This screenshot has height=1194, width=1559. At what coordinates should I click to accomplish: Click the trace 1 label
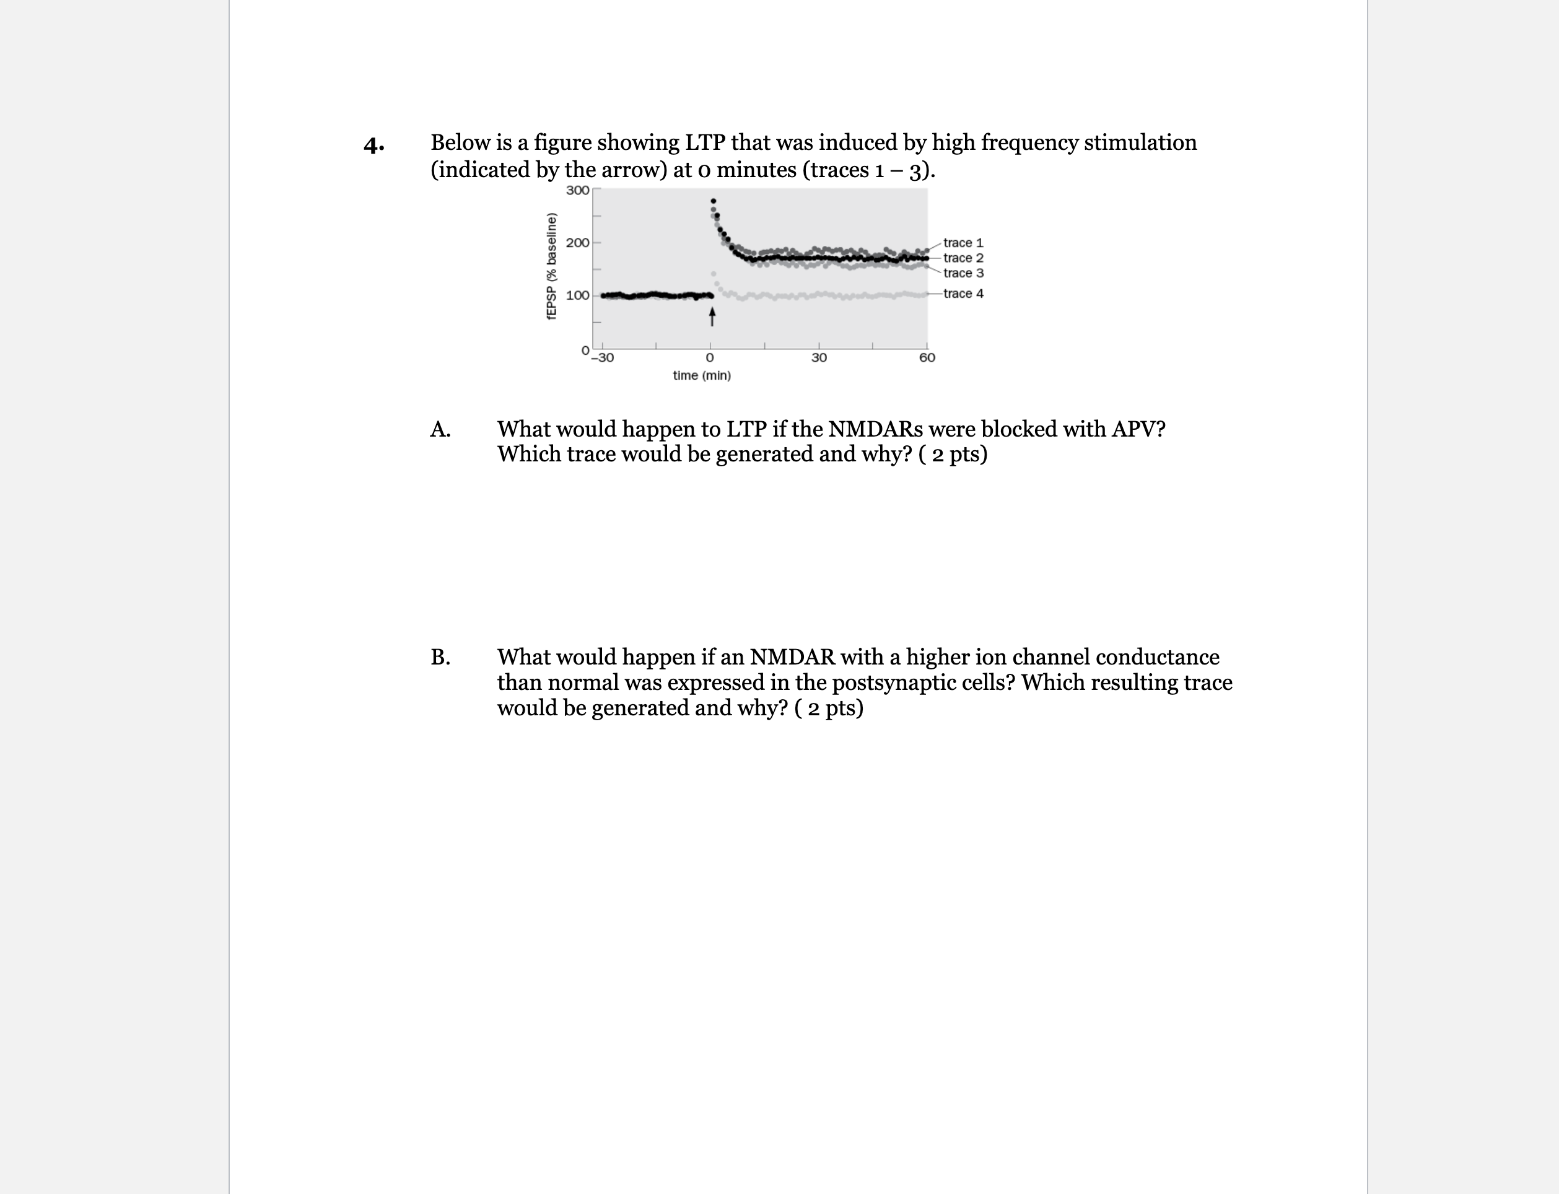963,243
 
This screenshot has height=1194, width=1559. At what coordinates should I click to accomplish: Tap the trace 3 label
963,273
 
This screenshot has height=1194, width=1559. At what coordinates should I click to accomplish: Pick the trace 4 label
963,294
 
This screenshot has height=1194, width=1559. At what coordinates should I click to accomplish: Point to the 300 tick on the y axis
577,191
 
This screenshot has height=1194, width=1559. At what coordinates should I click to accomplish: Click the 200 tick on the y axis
577,243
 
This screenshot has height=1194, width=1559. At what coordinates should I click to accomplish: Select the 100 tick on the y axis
577,295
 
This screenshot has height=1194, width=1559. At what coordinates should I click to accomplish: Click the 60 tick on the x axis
927,357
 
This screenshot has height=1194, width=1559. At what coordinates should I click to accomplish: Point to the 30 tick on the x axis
819,357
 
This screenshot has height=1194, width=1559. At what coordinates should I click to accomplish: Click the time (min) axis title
702,375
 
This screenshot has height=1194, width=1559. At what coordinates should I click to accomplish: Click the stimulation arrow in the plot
712,317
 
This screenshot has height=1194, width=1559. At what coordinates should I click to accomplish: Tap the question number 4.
374,145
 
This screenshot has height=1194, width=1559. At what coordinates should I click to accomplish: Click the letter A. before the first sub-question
440,429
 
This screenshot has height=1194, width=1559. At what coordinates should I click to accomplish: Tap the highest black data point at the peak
714,201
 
